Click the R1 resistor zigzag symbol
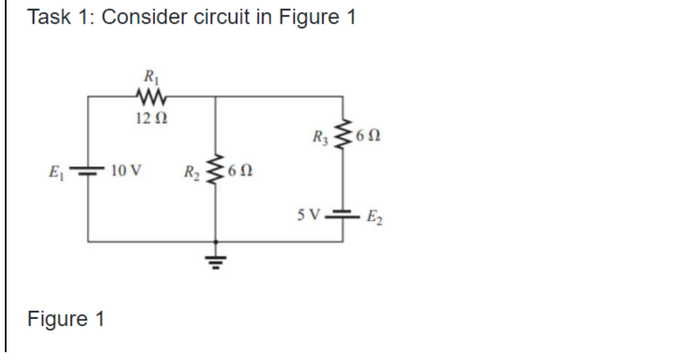click(147, 95)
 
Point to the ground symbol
click(216, 259)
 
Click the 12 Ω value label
click(147, 117)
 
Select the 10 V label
click(126, 172)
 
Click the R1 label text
click(147, 76)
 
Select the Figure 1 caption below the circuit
click(66, 319)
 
